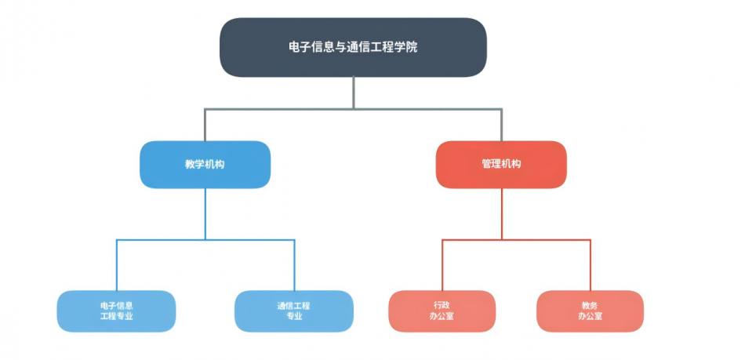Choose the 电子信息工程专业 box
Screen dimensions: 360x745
tap(116, 311)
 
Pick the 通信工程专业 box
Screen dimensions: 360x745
tap(294, 311)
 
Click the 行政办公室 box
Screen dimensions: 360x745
tap(442, 311)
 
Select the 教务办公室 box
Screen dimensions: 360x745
tap(590, 311)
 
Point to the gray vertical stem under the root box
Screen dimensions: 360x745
tap(354, 93)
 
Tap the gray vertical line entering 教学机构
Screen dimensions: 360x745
tap(205, 125)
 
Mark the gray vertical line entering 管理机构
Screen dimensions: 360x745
tap(502, 125)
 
